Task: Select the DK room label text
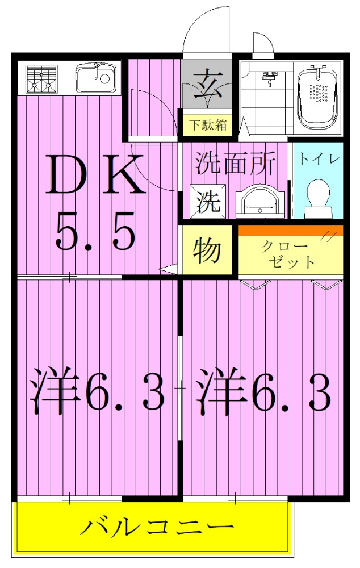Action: (x=97, y=175)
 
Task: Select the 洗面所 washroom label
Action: (x=235, y=164)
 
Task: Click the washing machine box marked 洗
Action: (x=207, y=202)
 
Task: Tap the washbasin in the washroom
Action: (x=259, y=202)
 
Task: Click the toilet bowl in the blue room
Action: (x=317, y=199)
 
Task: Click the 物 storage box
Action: (x=206, y=250)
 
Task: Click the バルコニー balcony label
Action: (x=156, y=528)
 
